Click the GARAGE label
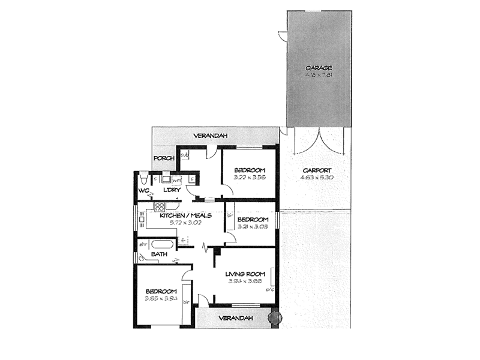[318, 68]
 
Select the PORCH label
[163, 158]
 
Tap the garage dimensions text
[318, 75]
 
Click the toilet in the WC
[143, 179]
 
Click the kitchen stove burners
[160, 207]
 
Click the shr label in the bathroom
[143, 245]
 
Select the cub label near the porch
[185, 155]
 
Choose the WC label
[143, 191]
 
